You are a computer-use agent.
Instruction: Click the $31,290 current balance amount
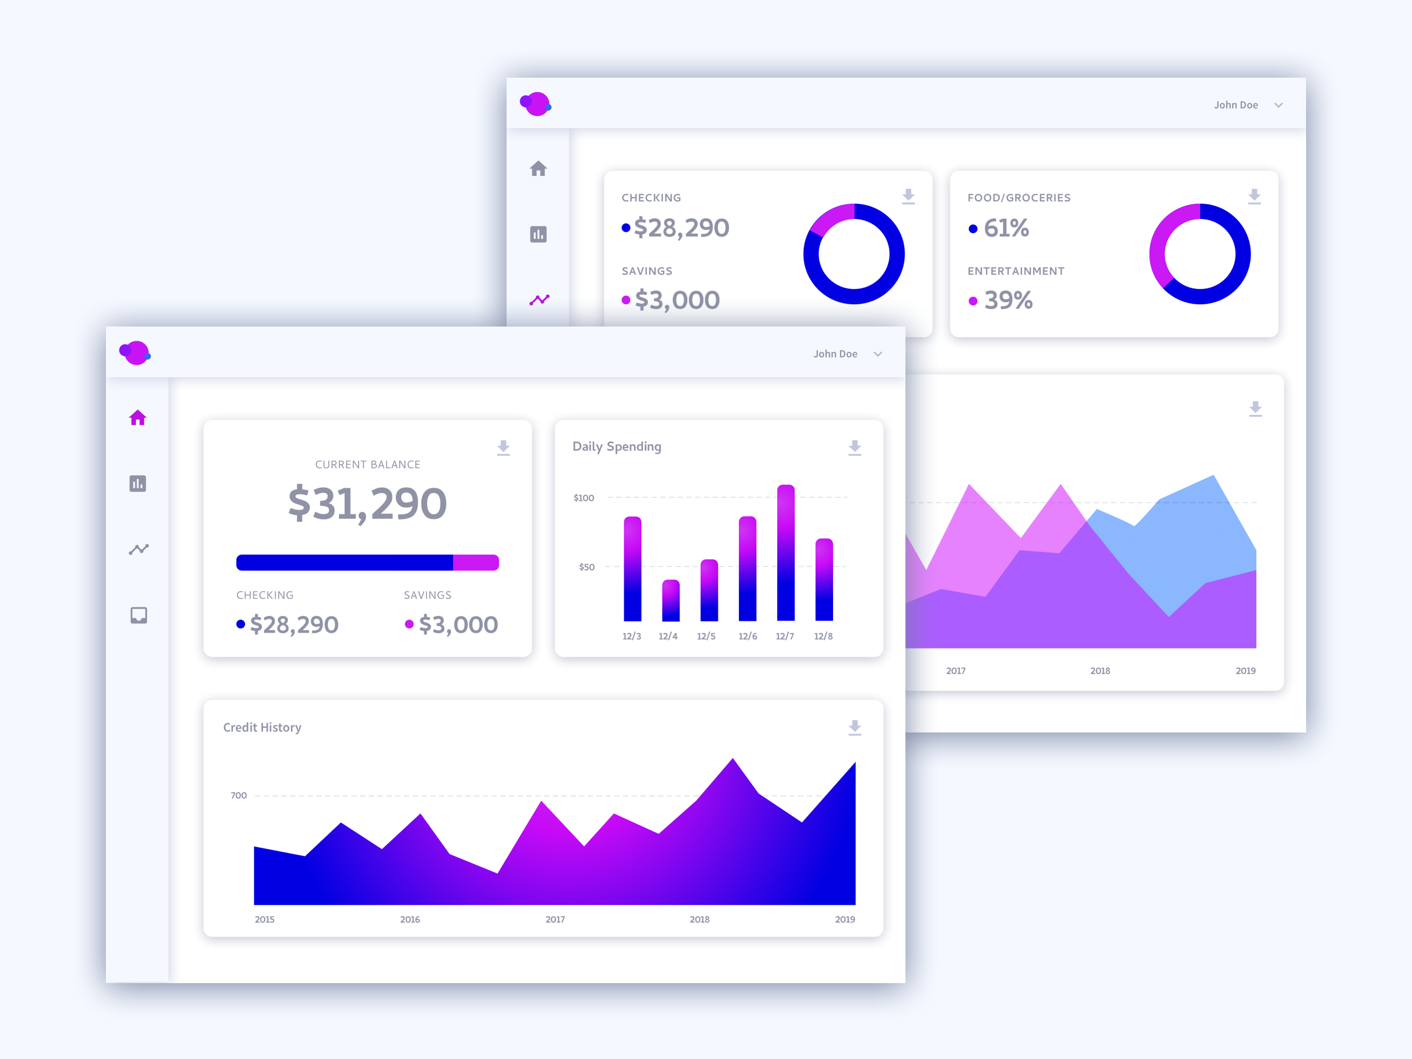point(367,504)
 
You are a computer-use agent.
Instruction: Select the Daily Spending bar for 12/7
point(786,553)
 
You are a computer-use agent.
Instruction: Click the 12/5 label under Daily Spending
point(706,637)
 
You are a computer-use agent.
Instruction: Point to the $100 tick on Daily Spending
point(584,498)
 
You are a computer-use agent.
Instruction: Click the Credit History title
point(262,728)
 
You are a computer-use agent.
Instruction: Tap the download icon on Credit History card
point(855,728)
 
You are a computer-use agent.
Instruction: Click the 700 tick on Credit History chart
point(239,795)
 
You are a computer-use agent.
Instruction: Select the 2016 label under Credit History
point(410,919)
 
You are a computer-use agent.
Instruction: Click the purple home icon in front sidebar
point(138,418)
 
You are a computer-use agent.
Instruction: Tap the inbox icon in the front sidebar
point(138,615)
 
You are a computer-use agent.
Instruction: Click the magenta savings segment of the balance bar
point(475,562)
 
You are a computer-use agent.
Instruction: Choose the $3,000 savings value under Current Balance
point(458,625)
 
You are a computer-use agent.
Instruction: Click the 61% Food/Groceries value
point(1006,228)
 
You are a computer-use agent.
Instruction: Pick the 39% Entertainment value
point(1008,301)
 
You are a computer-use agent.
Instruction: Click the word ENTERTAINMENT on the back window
point(1015,271)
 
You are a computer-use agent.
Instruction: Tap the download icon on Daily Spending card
point(855,448)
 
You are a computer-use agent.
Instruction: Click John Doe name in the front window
point(835,354)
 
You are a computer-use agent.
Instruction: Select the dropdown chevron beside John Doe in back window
point(1278,105)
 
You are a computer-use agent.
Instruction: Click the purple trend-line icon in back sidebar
point(540,299)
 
